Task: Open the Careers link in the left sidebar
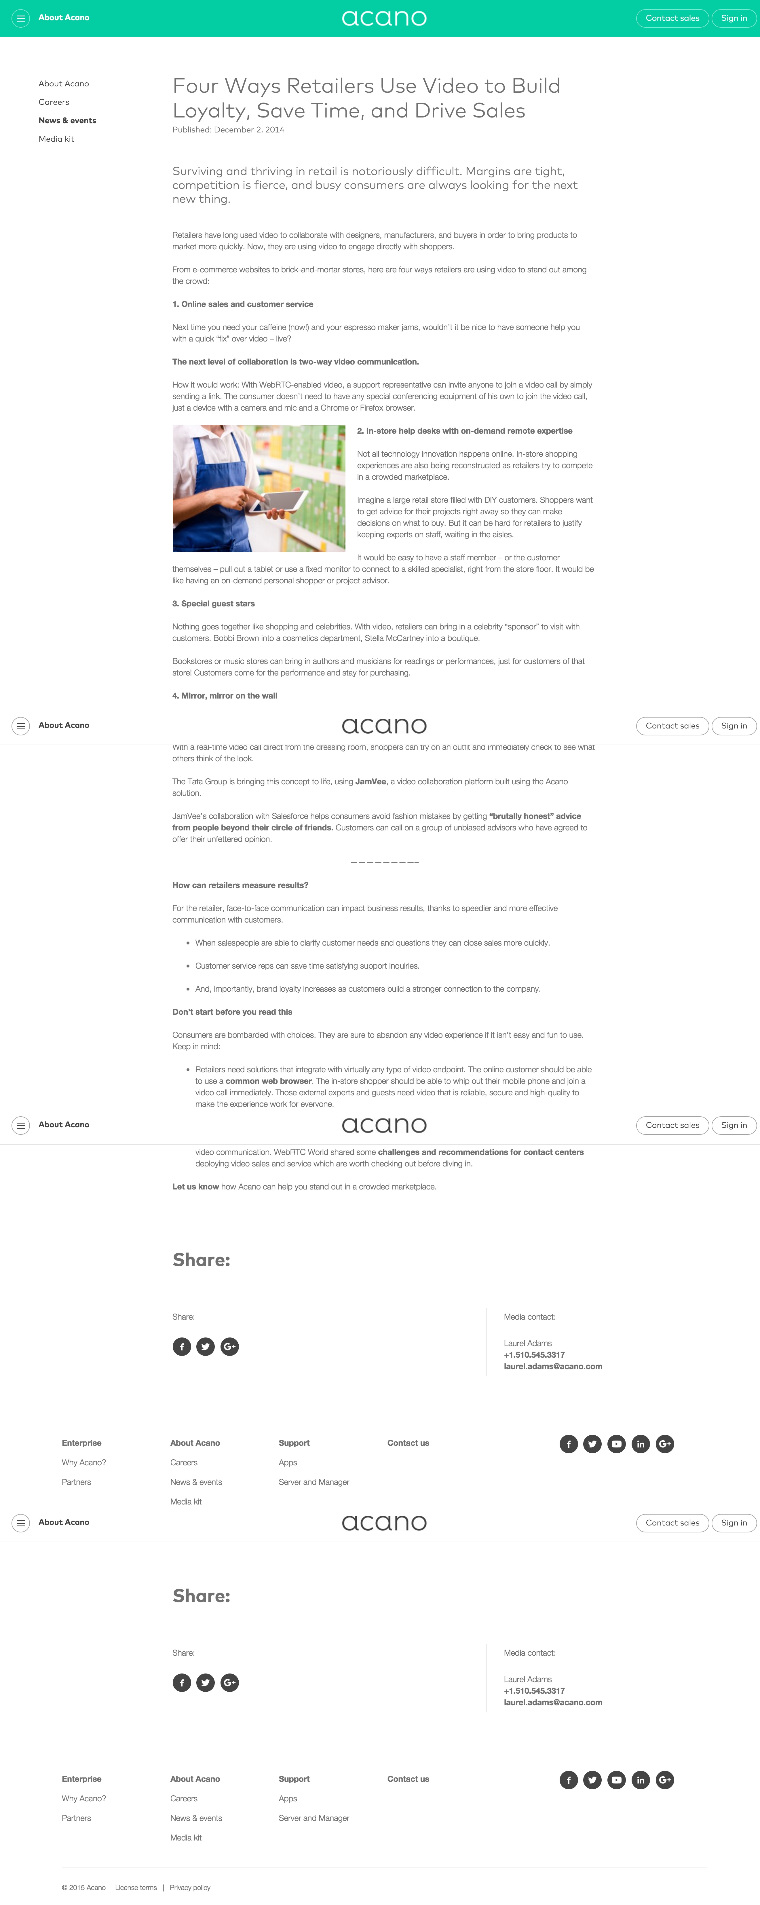tap(54, 102)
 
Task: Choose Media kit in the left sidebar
tap(56, 139)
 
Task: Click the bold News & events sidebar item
tap(67, 121)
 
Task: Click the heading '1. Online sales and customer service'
tap(242, 304)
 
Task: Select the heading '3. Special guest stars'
tap(214, 604)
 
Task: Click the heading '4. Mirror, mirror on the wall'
tap(225, 696)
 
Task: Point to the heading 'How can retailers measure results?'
tap(240, 885)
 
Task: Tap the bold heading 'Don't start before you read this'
tap(232, 1012)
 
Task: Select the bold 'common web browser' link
tap(268, 1081)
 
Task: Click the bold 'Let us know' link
tap(195, 1187)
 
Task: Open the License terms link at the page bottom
tap(136, 1887)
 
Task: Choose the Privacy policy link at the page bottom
tap(190, 1887)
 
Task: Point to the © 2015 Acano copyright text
tap(83, 1887)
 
